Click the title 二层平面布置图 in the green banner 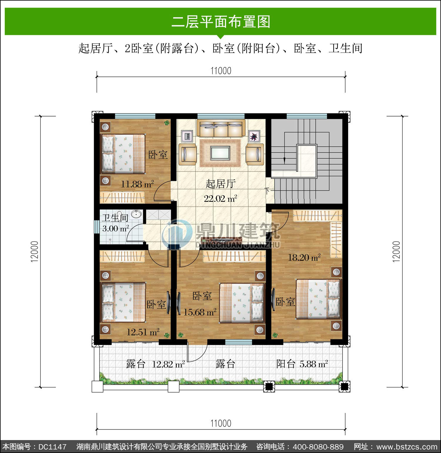pos(221,22)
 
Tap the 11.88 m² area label pos(137,184)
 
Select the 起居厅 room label pos(220,184)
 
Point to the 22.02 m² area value pos(220,199)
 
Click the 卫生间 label pos(115,218)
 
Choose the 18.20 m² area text pos(304,258)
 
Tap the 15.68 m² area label pos(200,312)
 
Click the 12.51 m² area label pos(143,332)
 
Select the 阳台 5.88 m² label pos(302,364)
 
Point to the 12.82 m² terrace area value pos(168,364)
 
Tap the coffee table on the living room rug pos(220,153)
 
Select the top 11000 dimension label pos(221,71)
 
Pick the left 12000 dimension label pos(34,252)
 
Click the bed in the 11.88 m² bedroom pos(123,154)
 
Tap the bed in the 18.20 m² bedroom pos(318,299)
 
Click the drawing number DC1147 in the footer pos(52,447)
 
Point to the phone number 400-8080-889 pos(318,447)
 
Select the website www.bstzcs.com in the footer pos(407,447)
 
